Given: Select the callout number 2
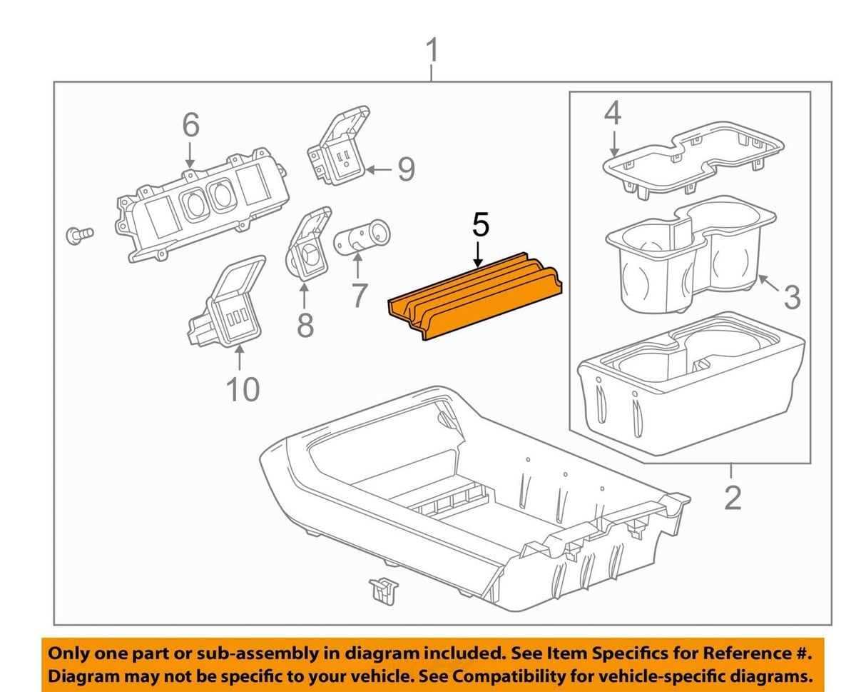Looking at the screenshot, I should (733, 497).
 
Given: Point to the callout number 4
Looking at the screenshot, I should (612, 114).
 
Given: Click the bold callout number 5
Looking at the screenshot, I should (481, 224).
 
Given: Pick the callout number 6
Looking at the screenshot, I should (190, 126).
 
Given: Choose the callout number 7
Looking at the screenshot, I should (359, 295).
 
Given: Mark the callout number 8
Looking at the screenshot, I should (305, 325).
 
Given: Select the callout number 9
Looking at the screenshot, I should (405, 169).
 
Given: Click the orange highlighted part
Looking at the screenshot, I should (474, 295).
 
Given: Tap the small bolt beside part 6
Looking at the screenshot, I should (78, 234).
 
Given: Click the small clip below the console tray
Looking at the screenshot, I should (382, 589).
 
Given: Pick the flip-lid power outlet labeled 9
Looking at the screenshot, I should (339, 146).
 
